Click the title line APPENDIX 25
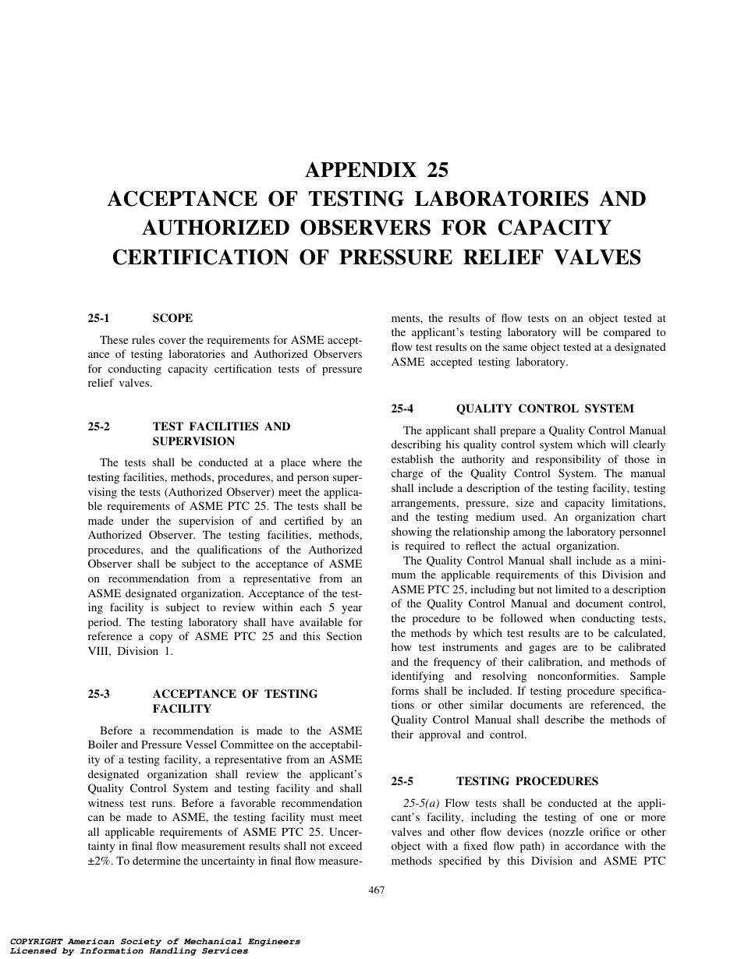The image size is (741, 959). tap(377, 169)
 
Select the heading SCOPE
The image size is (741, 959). tap(172, 318)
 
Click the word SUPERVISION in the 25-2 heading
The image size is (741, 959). tap(187, 441)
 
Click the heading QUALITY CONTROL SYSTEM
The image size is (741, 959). tap(544, 409)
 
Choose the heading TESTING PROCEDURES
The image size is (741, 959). tap(526, 781)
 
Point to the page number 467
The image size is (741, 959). tap(377, 890)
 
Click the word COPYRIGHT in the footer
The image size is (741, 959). tap(32, 942)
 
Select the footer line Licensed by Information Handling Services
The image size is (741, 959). tap(124, 951)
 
